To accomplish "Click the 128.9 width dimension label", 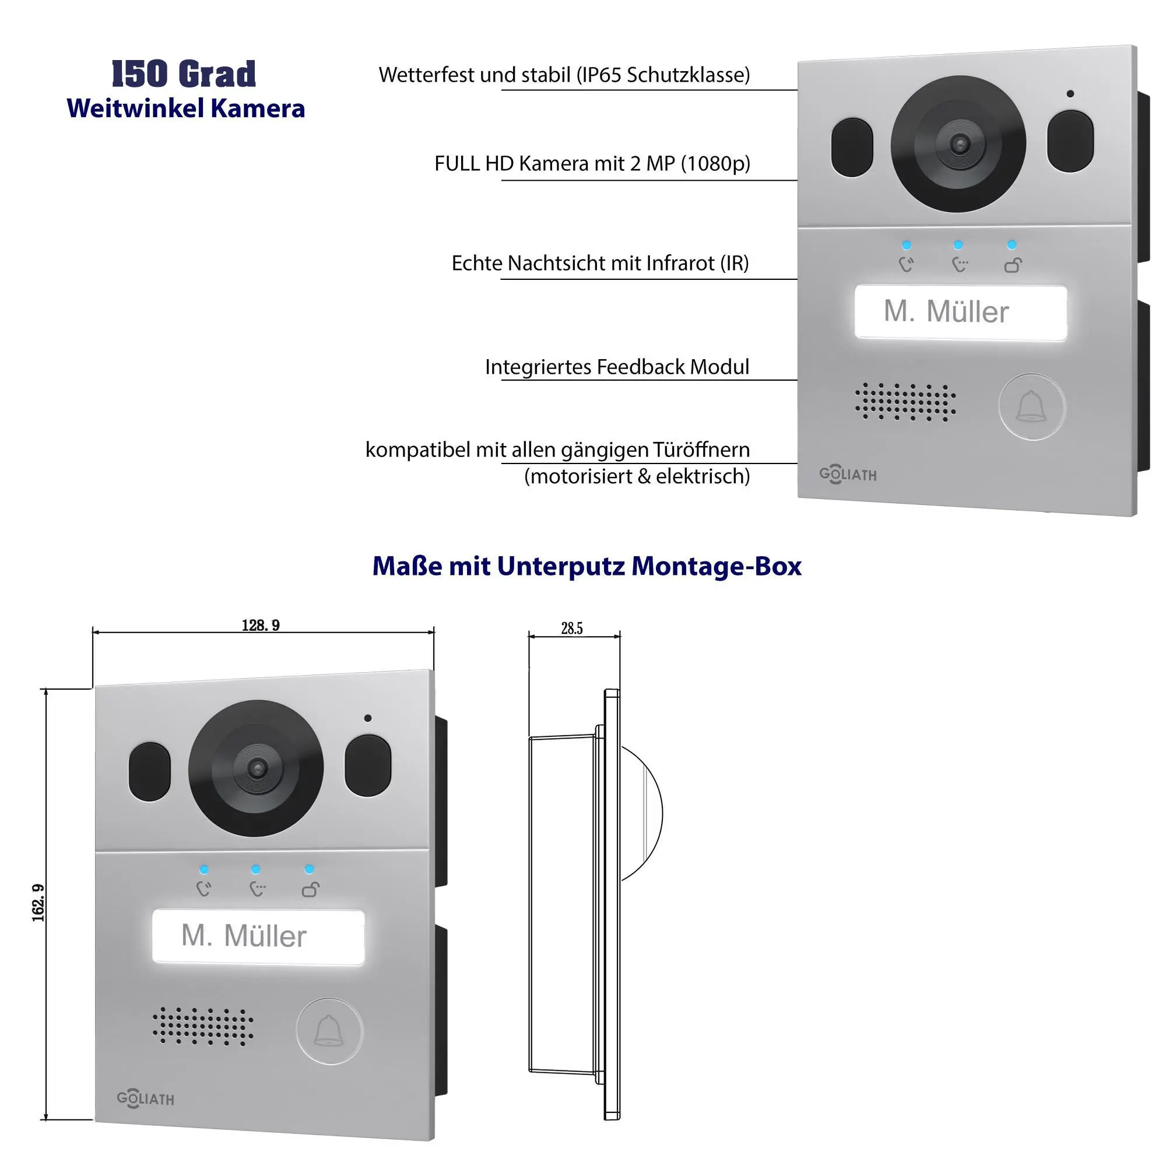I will point(261,624).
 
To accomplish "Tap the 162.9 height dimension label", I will point(38,903).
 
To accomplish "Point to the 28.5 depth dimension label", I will point(571,628).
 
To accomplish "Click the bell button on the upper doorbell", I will point(1031,406).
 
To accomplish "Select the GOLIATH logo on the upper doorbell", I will point(847,475).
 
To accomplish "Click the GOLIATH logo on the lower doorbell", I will point(145,1099).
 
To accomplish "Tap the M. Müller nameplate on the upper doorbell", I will point(960,312).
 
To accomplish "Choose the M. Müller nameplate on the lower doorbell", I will point(258,936).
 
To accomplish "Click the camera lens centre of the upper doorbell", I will point(959,144).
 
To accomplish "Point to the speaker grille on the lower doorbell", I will point(203,1026).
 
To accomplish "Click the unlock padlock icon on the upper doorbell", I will point(1013,265).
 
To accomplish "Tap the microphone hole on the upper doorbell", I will point(1070,93).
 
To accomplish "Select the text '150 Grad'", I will point(184,73).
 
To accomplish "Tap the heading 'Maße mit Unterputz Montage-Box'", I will point(586,566).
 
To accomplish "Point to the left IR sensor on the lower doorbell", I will point(150,771).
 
